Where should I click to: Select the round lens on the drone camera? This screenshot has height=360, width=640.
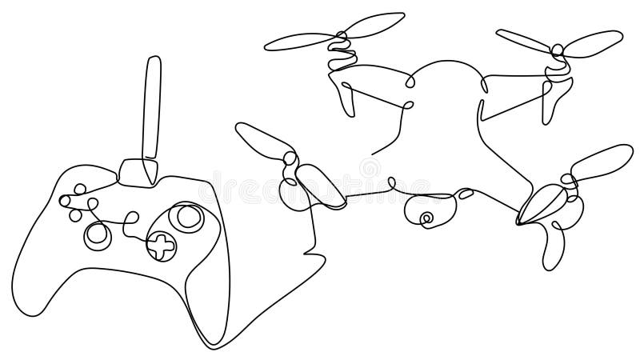click(426, 216)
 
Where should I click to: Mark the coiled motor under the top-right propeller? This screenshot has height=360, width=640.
click(556, 68)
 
